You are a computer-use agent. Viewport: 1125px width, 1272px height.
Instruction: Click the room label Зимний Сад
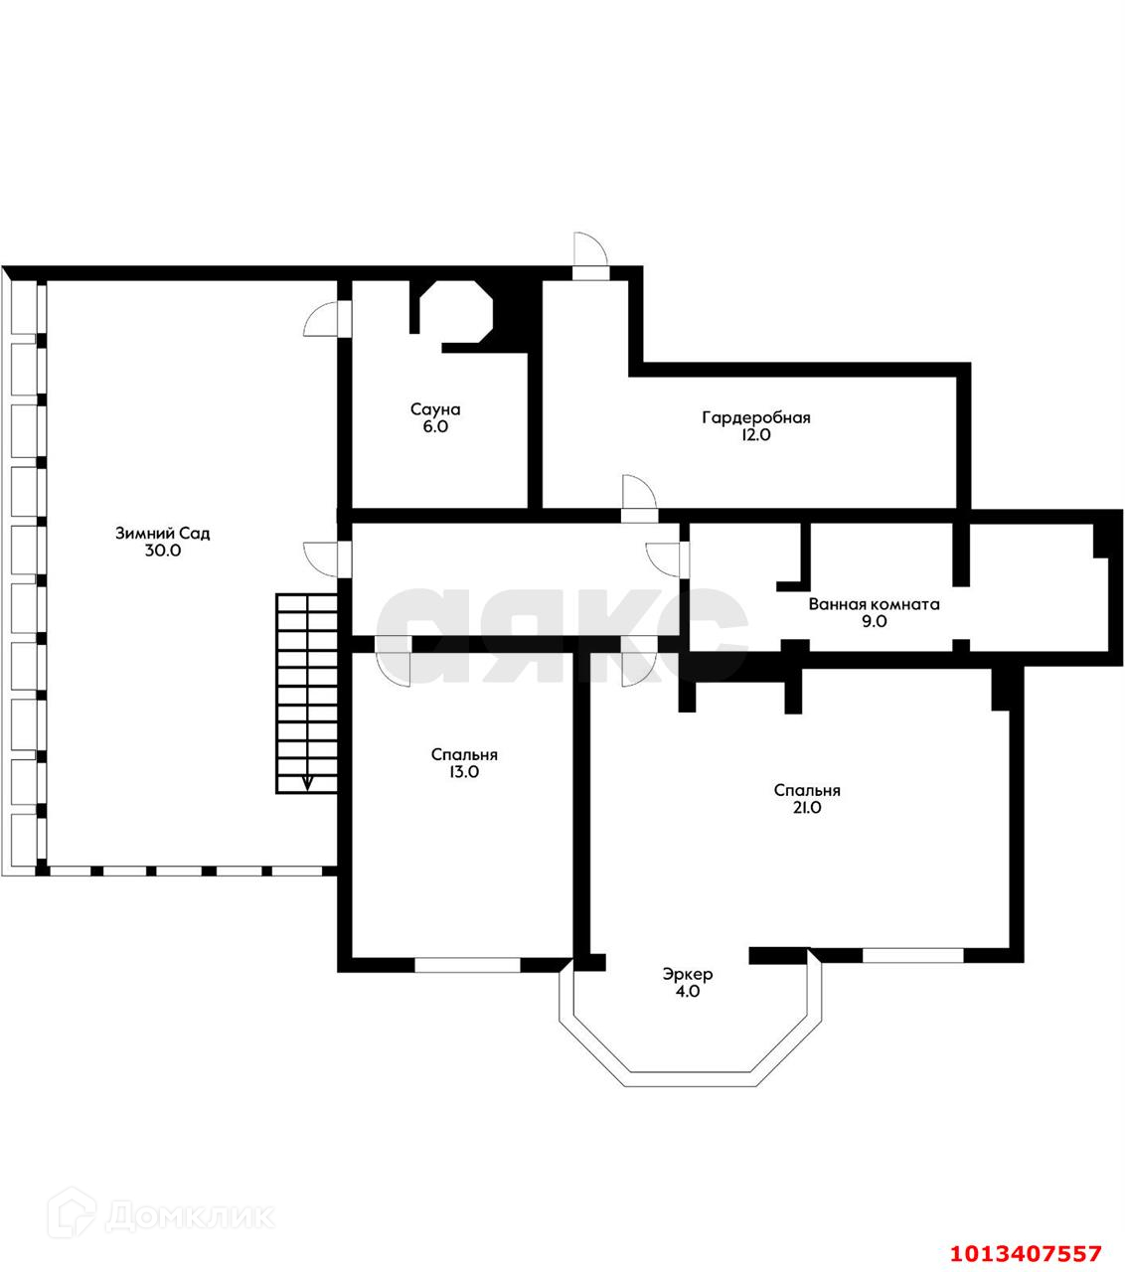(163, 533)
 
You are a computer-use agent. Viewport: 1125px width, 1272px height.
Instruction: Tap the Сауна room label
(435, 408)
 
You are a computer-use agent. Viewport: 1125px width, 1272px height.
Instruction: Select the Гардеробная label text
(756, 417)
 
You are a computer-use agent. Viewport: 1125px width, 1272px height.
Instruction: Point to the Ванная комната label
(874, 603)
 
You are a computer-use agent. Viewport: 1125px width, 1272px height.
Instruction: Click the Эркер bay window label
(688, 974)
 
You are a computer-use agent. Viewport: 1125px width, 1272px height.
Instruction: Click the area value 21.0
(807, 808)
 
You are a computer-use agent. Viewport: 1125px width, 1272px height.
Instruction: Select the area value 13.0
(464, 772)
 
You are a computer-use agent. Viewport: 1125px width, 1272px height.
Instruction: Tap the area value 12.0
(756, 434)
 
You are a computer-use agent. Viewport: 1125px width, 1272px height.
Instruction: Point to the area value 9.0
(874, 621)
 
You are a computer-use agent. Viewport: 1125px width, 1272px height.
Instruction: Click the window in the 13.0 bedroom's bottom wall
(467, 963)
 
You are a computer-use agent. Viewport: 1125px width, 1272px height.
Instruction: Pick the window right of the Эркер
(912, 956)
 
